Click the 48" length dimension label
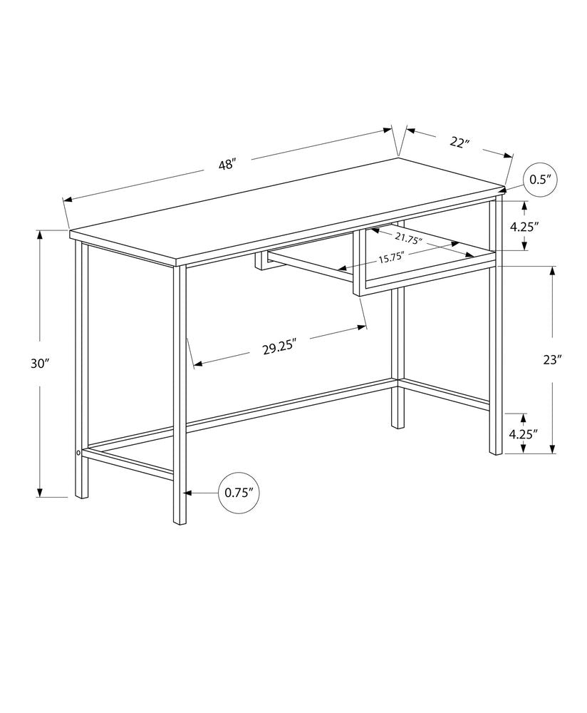[x=227, y=165]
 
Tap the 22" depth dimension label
[x=460, y=142]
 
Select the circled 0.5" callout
[x=541, y=180]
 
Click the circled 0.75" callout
[x=239, y=493]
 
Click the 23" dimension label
[x=552, y=360]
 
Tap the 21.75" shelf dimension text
[x=408, y=240]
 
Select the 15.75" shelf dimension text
[x=391, y=258]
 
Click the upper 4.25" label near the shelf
[x=524, y=227]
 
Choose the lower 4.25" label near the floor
[x=524, y=433]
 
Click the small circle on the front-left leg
[x=78, y=452]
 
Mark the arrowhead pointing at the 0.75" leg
[x=188, y=493]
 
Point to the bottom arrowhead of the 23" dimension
[x=553, y=448]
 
